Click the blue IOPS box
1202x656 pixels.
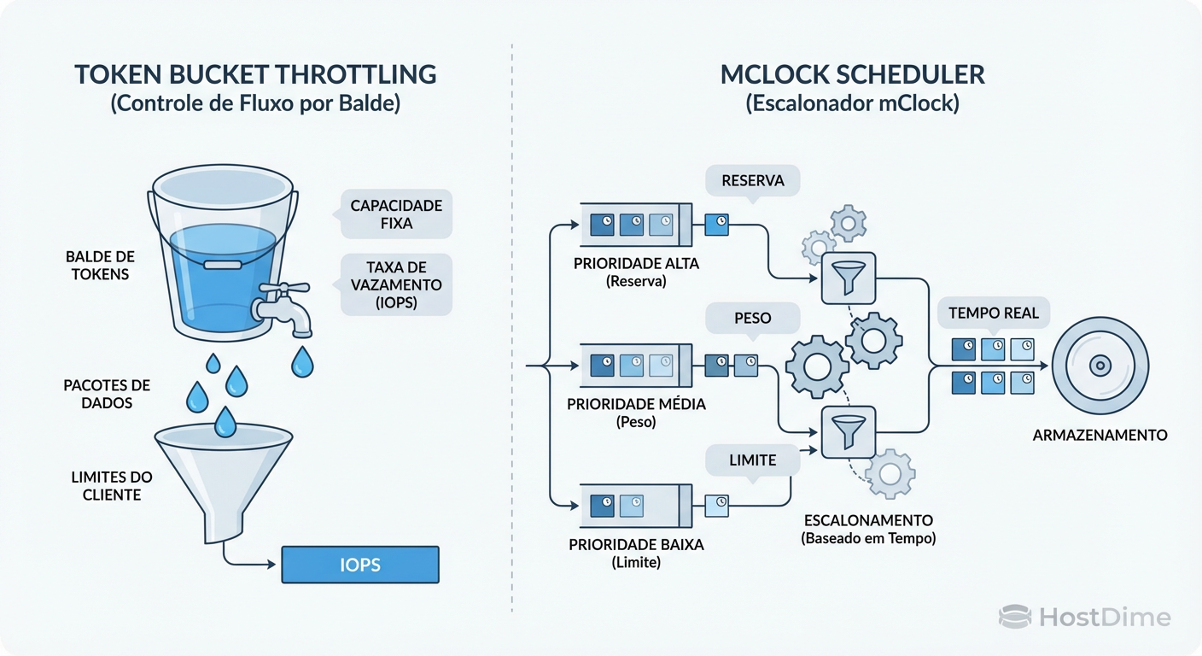tap(359, 565)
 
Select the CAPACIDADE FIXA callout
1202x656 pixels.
tap(396, 214)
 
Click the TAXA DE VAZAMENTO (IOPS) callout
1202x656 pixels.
tap(396, 284)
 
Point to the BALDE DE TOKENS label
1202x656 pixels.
tap(100, 265)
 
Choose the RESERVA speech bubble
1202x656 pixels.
tap(752, 180)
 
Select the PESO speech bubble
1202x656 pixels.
tap(752, 318)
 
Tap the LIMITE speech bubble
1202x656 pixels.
tap(752, 460)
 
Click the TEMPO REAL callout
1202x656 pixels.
tap(993, 313)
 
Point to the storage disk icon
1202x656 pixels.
tap(1100, 366)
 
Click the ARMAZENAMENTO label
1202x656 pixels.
tap(1100, 435)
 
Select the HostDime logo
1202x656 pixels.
tap(1084, 617)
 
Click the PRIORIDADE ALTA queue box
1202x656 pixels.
tap(636, 225)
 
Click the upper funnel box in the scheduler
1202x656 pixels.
tap(849, 278)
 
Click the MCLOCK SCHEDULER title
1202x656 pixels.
tap(853, 74)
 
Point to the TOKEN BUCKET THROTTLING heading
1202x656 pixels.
tap(255, 74)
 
